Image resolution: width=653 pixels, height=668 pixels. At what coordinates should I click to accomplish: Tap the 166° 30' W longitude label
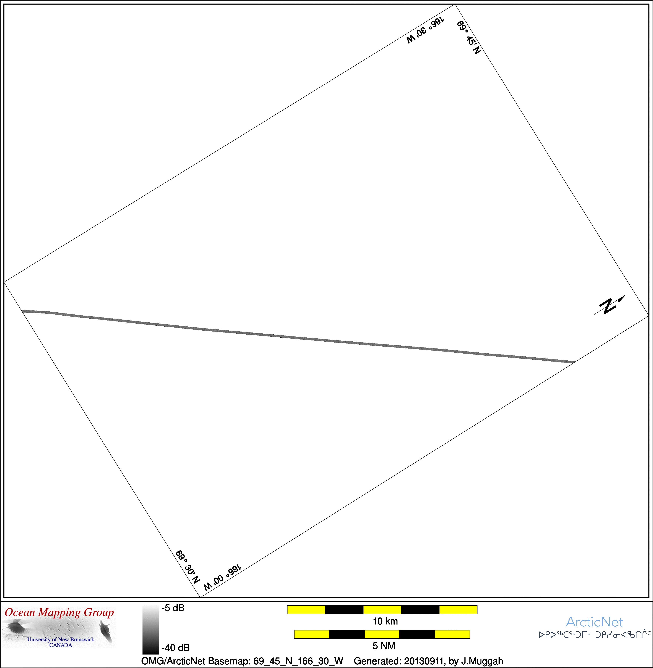coord(425,30)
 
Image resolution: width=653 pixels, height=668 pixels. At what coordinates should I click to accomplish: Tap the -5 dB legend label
coord(173,608)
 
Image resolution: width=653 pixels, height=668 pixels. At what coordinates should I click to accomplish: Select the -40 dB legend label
coord(176,647)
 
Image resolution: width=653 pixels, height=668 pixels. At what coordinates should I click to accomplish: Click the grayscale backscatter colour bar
coord(150,630)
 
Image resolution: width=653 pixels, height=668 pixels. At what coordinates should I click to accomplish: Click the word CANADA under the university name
coord(61,645)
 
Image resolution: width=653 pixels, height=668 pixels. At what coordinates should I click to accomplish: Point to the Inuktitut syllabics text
coord(594,635)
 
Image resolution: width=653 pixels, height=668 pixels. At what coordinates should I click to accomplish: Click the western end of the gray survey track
coord(22,311)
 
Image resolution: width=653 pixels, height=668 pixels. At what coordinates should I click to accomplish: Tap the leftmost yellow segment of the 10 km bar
coord(306,609)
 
